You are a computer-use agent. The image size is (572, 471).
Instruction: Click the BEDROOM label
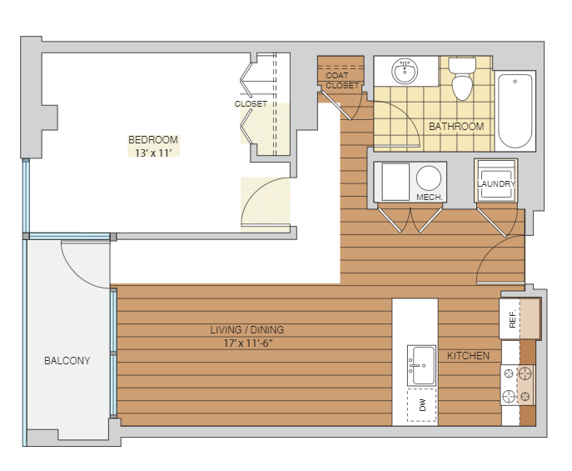point(153,140)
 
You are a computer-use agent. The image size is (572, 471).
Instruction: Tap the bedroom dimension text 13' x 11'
point(153,153)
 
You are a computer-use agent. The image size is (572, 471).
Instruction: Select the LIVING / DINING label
point(247,330)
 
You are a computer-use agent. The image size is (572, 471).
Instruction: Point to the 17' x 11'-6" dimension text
point(248,343)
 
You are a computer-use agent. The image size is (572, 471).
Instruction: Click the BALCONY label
point(67,361)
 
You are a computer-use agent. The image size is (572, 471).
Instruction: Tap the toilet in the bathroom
point(462,78)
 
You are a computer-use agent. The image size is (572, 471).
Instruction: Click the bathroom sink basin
point(405,71)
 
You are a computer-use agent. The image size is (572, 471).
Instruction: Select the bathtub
point(515,111)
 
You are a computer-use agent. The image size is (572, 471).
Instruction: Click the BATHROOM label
point(456,127)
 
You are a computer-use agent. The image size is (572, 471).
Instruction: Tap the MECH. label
point(430,198)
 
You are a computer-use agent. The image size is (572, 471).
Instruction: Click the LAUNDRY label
point(496,184)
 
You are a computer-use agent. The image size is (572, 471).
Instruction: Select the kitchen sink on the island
point(421,365)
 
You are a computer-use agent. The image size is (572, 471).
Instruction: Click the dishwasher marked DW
point(421,405)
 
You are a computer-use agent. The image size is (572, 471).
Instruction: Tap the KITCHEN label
point(468,356)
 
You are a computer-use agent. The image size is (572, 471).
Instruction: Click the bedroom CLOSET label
point(251,103)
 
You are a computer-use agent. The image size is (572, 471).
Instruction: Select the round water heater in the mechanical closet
point(429,178)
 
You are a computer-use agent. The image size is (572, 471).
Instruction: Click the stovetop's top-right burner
point(525,373)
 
